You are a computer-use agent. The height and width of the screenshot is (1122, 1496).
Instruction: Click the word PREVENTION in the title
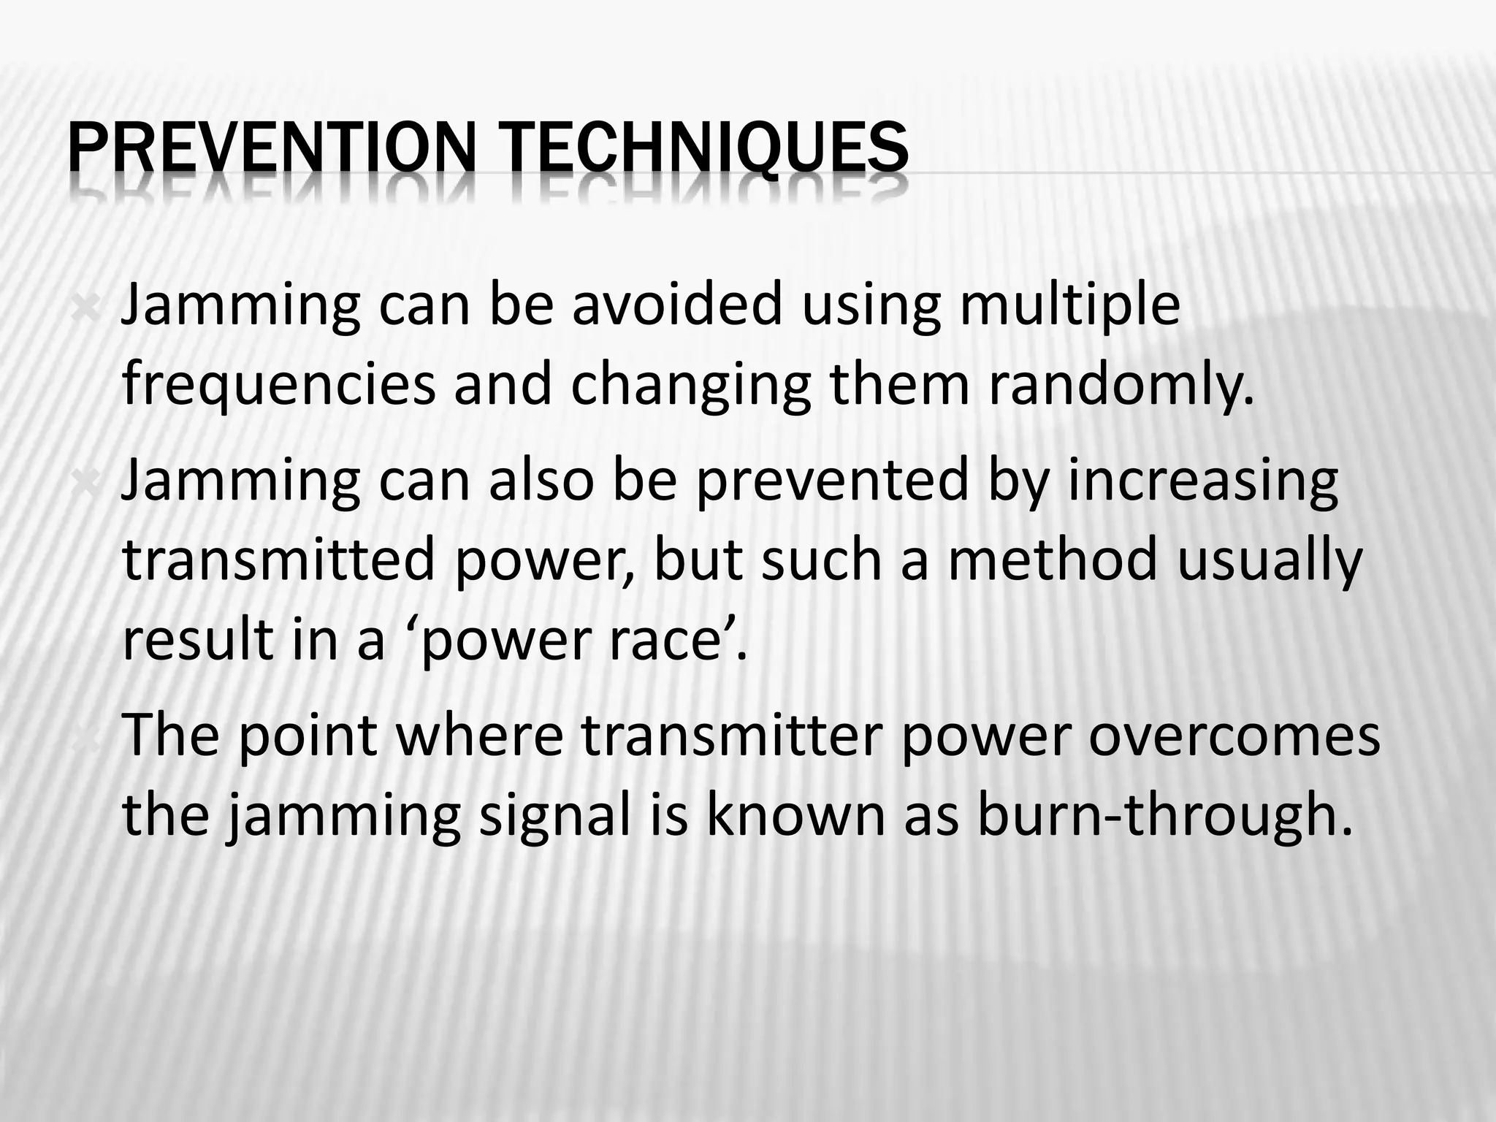coord(270,150)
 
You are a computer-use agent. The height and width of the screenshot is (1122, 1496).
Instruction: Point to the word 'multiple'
coord(1069,307)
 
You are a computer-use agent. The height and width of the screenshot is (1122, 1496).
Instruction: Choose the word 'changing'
coord(690,387)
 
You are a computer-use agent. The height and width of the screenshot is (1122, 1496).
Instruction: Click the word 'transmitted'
coord(278,560)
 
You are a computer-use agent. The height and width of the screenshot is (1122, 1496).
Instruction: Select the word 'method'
coord(1053,560)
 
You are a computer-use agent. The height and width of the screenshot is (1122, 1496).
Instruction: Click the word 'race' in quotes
coord(670,640)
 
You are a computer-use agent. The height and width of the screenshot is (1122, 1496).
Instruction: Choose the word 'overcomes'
coord(1234,735)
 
